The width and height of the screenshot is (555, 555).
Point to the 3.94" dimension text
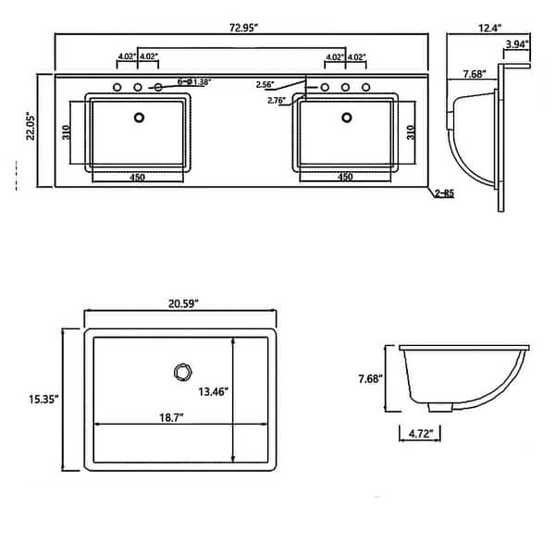point(517,43)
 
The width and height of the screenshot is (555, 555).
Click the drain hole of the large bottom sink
point(181,373)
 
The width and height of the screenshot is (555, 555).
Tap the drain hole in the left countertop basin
point(141,117)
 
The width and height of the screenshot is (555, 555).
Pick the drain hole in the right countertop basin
point(348,117)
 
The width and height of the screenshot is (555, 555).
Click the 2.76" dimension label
point(277,100)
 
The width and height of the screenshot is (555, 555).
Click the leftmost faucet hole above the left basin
point(117,88)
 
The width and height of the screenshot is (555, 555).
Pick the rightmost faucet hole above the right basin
point(367,88)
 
